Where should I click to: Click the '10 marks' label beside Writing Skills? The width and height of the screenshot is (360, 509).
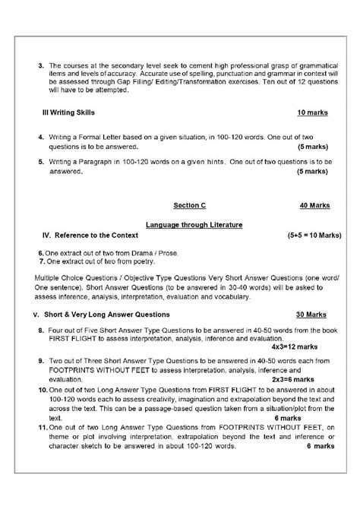pyautogui.click(x=312, y=112)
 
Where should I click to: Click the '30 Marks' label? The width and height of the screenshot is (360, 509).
pyautogui.click(x=311, y=314)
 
